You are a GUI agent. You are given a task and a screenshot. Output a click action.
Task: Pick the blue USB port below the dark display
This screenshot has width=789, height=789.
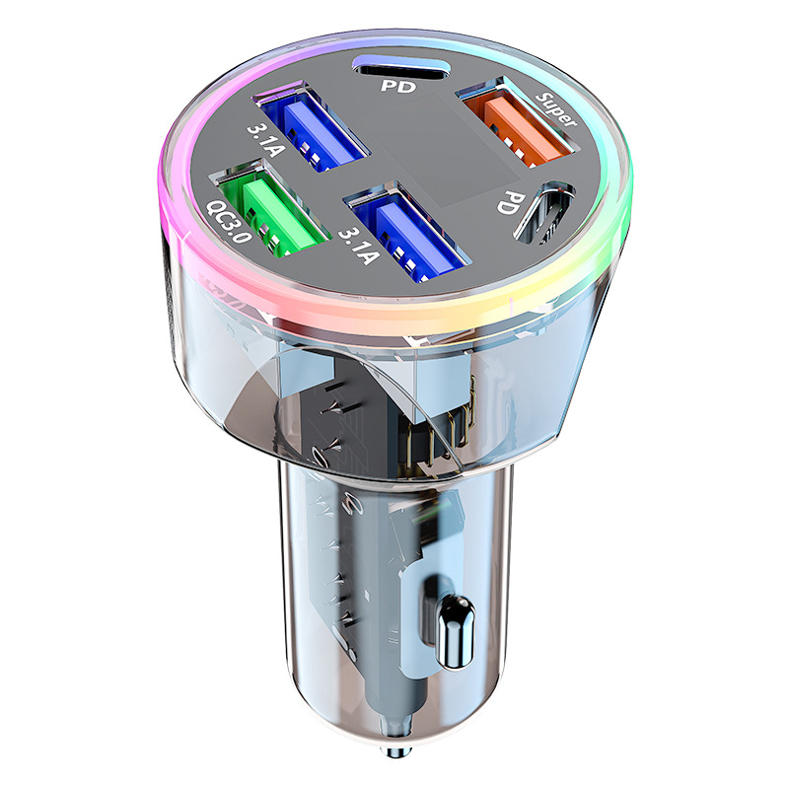click(407, 233)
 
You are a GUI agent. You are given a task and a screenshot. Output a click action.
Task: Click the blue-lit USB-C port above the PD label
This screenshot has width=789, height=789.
click(400, 64)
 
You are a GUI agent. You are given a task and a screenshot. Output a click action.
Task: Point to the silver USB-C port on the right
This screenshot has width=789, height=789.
click(543, 211)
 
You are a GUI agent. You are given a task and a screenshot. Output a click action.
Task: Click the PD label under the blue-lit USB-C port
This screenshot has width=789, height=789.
click(398, 86)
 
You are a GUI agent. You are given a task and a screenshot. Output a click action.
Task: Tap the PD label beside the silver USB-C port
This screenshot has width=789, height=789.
click(512, 202)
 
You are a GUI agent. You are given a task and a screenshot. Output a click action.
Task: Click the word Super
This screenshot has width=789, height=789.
click(555, 108)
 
